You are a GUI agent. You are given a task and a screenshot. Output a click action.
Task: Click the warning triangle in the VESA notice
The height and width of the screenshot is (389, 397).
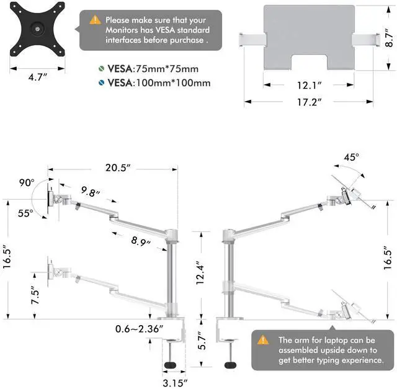95,20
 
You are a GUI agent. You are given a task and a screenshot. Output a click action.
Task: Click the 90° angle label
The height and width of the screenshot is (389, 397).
26,183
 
